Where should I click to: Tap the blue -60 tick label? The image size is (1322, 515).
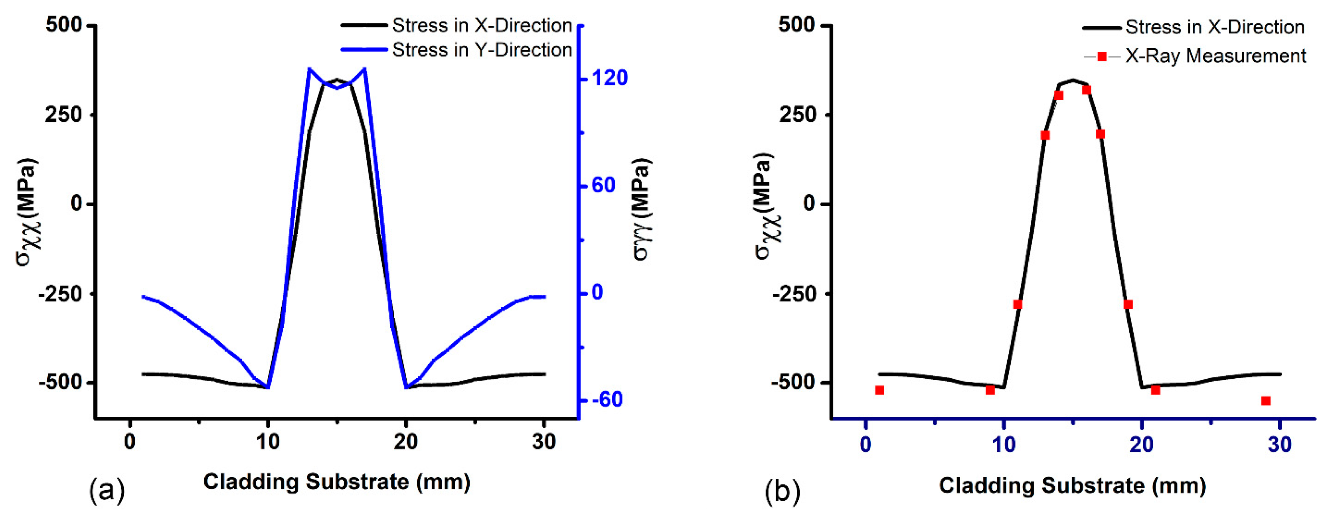point(607,400)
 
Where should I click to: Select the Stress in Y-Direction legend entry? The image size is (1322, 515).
point(481,50)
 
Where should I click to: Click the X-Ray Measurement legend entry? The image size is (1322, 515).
point(1215,56)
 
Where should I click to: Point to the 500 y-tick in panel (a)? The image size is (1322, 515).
point(63,25)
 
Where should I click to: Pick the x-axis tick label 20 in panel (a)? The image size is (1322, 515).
point(405,442)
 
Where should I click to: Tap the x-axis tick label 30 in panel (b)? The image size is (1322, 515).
point(1279,445)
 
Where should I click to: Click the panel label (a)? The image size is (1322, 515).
point(107,490)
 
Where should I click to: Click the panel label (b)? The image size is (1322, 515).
point(782,491)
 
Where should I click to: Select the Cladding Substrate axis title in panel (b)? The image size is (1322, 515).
point(1072,485)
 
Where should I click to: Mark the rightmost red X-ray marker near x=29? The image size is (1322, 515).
point(1266,401)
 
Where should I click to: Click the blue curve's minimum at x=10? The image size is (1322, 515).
point(267,387)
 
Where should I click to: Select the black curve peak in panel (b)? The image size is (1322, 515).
point(1073,80)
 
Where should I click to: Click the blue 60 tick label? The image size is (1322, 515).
point(603,185)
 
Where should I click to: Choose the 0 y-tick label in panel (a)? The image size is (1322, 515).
point(76,203)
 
